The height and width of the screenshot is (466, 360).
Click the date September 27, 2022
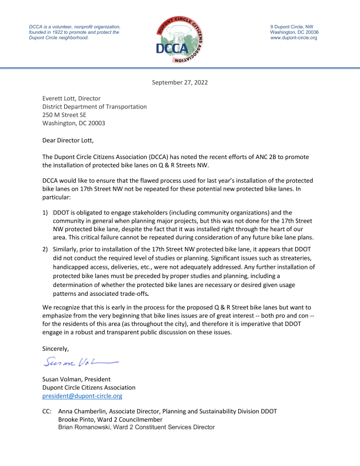pyautogui.click(x=180, y=83)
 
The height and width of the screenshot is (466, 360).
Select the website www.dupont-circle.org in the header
pyautogui.click(x=294, y=38)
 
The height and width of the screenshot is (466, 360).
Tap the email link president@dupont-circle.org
pyautogui.click(x=83, y=396)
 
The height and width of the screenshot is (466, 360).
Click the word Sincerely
pyautogui.click(x=56, y=349)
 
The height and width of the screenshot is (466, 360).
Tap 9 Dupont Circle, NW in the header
pyautogui.click(x=291, y=27)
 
